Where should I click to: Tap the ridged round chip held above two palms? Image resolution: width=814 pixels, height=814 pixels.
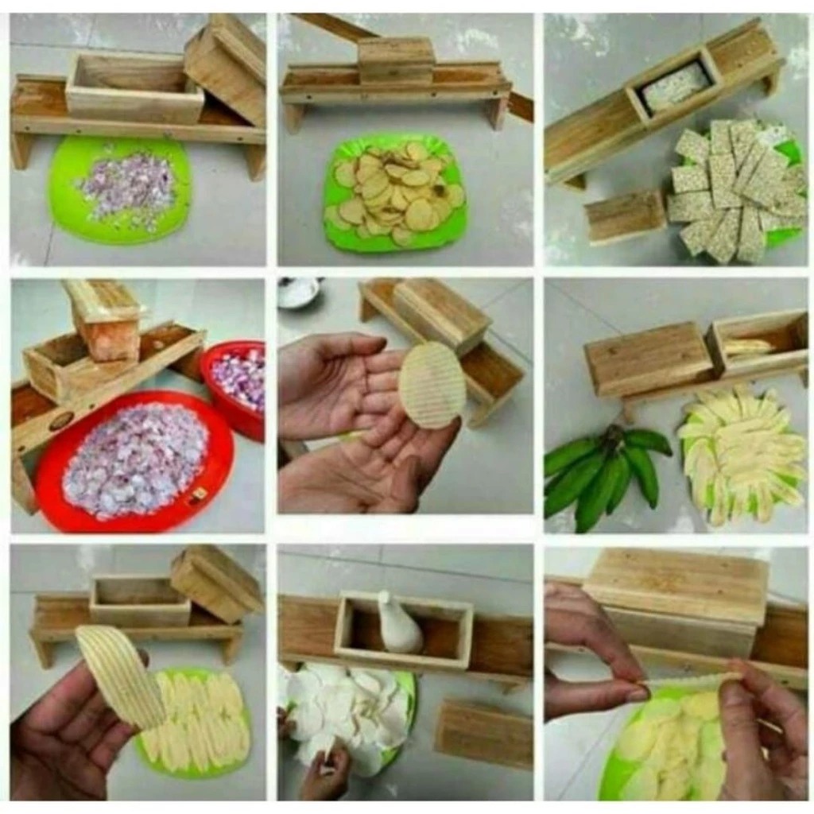[x=432, y=385]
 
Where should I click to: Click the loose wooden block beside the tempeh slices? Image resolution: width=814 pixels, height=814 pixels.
[x=624, y=216]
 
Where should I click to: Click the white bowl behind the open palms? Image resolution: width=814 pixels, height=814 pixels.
[x=299, y=292]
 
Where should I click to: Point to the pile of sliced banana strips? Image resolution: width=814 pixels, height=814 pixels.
[x=739, y=453]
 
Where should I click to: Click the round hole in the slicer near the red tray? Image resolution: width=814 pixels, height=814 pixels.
[x=61, y=421]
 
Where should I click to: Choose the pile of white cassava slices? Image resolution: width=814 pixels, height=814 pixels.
[x=350, y=707]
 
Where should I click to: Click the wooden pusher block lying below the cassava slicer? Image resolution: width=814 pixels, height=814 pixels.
[x=483, y=735]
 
